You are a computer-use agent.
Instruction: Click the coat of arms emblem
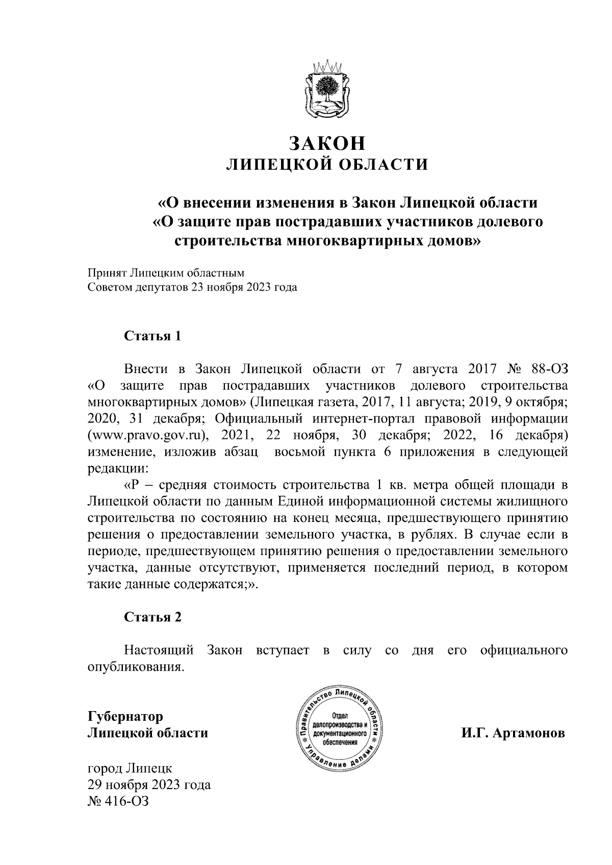tap(326, 89)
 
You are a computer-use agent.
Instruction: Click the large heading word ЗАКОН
tap(327, 143)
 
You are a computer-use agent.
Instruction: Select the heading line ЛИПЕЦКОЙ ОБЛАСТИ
tap(327, 165)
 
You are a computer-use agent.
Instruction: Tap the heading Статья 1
tap(152, 336)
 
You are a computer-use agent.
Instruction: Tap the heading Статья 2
tap(152, 617)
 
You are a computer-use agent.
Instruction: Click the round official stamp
tap(341, 732)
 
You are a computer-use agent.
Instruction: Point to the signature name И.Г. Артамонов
tap(513, 733)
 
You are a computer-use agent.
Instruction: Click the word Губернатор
tap(125, 716)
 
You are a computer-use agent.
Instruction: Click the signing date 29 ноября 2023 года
tap(149, 784)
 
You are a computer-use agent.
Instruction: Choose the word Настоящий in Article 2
tap(159, 650)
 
